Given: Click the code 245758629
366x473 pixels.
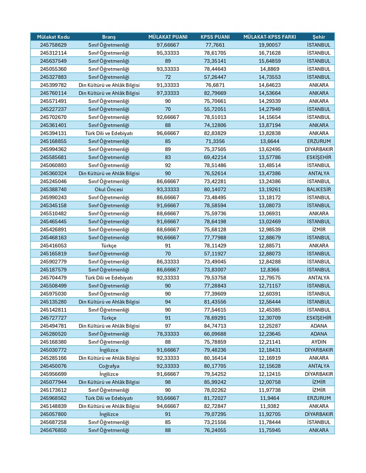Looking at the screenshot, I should [x=53, y=45].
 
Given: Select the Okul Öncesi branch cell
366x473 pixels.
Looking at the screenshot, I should [x=109, y=189].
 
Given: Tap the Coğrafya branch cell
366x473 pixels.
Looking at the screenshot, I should [x=109, y=366].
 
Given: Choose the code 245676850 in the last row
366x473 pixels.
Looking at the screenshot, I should [x=53, y=430].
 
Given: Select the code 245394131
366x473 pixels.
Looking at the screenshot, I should [x=53, y=133].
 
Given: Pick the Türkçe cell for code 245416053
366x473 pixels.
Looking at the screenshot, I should [x=109, y=246].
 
